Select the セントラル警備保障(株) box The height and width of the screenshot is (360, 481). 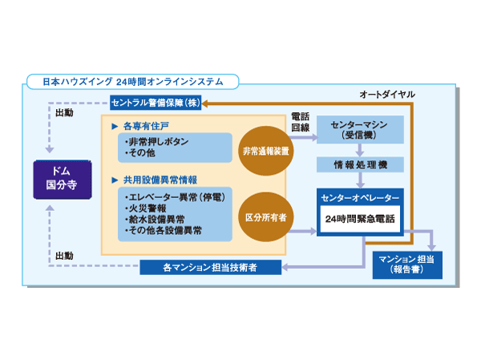tap(156, 103)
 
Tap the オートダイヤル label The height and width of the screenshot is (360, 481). tap(387, 94)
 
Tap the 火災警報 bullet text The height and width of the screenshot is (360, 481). tap(149, 207)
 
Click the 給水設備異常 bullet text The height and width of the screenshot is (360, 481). tap(160, 218)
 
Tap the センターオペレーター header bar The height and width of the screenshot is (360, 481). tap(358, 197)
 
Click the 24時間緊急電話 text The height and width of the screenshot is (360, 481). tap(358, 218)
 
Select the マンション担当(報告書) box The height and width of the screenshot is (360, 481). tap(407, 265)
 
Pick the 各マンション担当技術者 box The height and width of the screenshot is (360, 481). tap(210, 266)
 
